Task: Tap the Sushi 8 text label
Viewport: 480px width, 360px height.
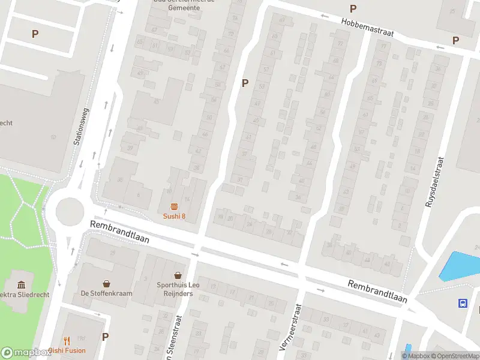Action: (174, 217)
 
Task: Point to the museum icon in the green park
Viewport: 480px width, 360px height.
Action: (22, 284)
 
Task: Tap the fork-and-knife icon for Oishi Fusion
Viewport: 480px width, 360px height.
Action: (67, 340)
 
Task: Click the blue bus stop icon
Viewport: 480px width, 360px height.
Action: (463, 303)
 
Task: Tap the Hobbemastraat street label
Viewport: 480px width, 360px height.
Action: (367, 27)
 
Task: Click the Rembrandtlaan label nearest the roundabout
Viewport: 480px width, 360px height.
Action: (119, 231)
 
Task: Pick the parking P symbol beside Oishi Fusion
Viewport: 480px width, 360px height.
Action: (106, 337)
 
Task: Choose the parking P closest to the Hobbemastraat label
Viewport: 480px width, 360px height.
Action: (353, 9)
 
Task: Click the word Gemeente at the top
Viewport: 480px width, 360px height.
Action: (184, 8)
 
